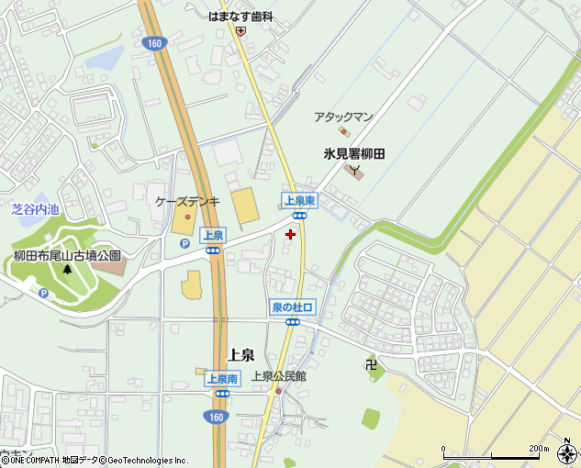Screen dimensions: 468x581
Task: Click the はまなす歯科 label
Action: tap(240, 16)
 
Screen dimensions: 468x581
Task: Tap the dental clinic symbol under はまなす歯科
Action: tap(240, 30)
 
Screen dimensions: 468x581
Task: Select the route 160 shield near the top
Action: tap(153, 42)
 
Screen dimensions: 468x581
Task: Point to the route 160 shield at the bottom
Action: tap(214, 417)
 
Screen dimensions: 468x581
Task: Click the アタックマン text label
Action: tap(343, 117)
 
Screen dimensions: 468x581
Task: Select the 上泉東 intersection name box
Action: tap(299, 199)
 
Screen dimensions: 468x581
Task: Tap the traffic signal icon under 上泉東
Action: tap(300, 214)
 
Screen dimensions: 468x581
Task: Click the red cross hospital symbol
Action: tap(291, 234)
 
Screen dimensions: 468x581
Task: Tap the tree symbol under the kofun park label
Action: tap(67, 270)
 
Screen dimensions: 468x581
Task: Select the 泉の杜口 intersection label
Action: tap(292, 307)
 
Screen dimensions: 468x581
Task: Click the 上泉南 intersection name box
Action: tap(221, 378)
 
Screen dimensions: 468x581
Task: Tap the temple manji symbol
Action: tap(370, 364)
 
